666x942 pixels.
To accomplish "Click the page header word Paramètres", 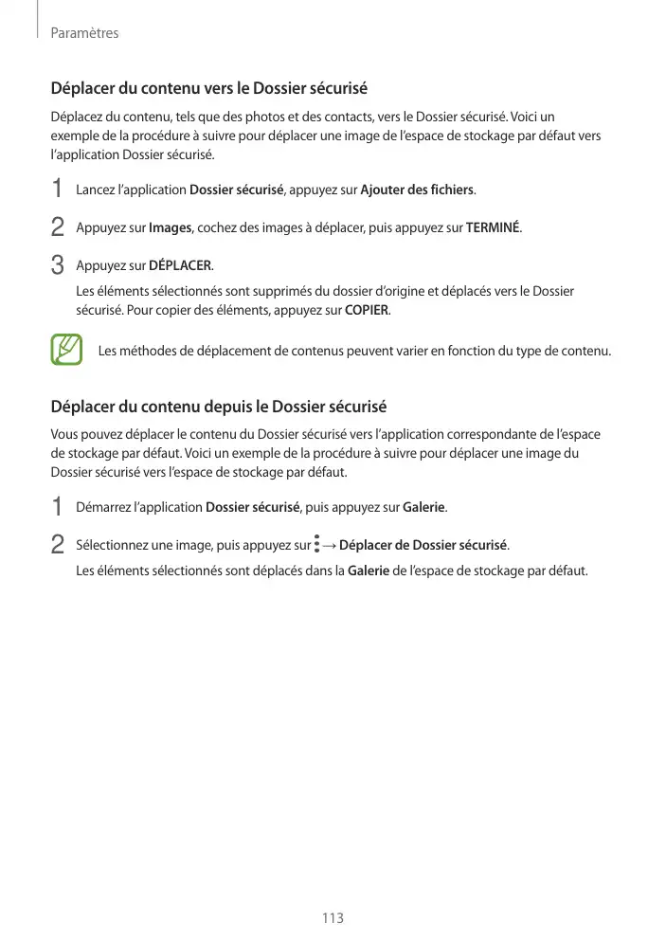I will (x=84, y=33).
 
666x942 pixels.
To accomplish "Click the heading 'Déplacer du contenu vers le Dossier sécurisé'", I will (x=208, y=90).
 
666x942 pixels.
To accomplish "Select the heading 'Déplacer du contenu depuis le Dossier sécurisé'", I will (x=218, y=408).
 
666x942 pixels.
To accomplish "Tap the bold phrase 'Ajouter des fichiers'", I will (x=418, y=190).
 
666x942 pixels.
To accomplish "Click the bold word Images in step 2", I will (x=171, y=227).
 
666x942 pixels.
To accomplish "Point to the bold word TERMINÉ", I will (x=494, y=227).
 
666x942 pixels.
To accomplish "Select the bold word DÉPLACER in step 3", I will (x=181, y=264).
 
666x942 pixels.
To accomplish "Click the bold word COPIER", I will (x=367, y=311).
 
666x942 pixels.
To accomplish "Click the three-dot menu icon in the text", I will (x=316, y=545).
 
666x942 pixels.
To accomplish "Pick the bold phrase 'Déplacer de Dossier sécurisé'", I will (x=423, y=545).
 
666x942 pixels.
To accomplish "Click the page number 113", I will (x=333, y=918).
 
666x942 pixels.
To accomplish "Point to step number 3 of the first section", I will (x=58, y=263).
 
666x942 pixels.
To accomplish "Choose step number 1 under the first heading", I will (x=58, y=190).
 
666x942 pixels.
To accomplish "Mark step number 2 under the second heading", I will (x=58, y=545).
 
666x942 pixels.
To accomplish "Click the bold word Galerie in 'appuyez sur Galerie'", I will (x=424, y=508).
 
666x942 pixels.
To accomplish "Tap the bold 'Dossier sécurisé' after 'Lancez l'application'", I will (x=237, y=190).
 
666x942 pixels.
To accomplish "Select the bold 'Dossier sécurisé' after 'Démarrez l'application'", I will (x=252, y=508).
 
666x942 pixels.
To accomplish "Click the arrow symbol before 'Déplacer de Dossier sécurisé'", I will (x=329, y=546).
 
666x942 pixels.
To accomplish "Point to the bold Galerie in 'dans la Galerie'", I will (x=369, y=571).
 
